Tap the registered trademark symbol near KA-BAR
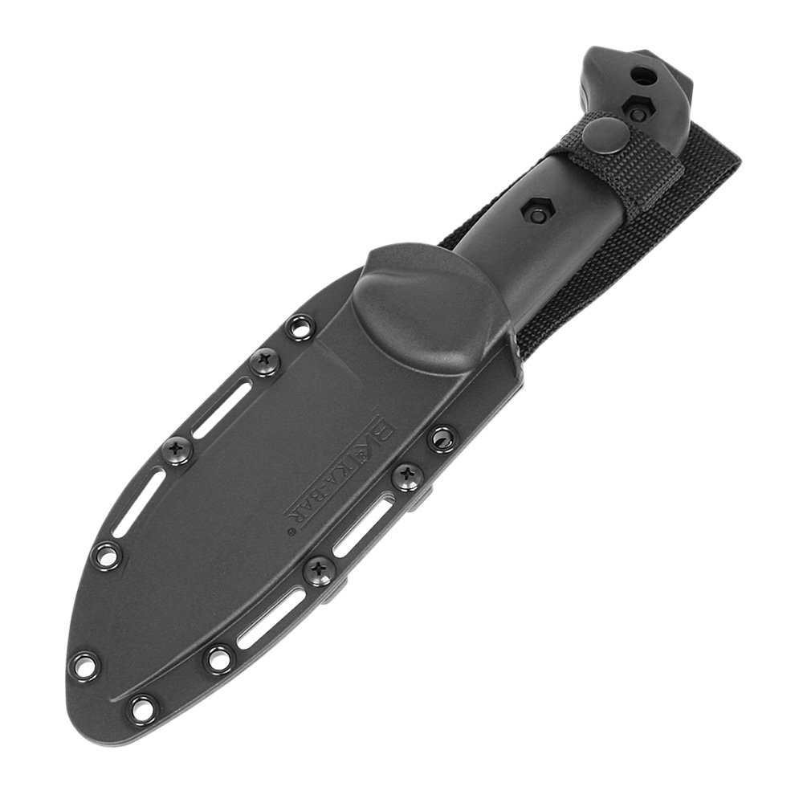coord(291,531)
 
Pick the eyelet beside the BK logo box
coord(441,438)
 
